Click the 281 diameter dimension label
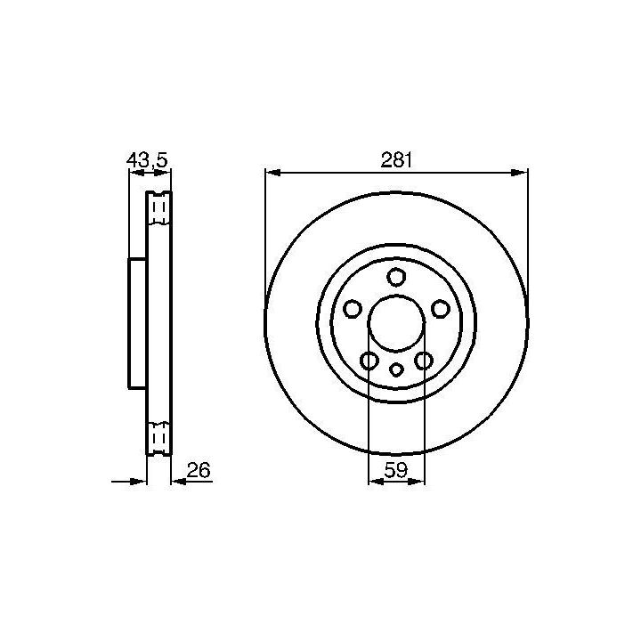tap(396, 160)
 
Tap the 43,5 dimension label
tap(147, 160)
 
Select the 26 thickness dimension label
tap(199, 470)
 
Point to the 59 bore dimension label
tap(395, 470)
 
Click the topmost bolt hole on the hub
tap(395, 277)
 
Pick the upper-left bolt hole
tap(352, 309)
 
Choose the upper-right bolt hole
tap(441, 309)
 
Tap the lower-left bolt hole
tap(369, 361)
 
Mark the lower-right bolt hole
tap(423, 361)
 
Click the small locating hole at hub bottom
tap(395, 369)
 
